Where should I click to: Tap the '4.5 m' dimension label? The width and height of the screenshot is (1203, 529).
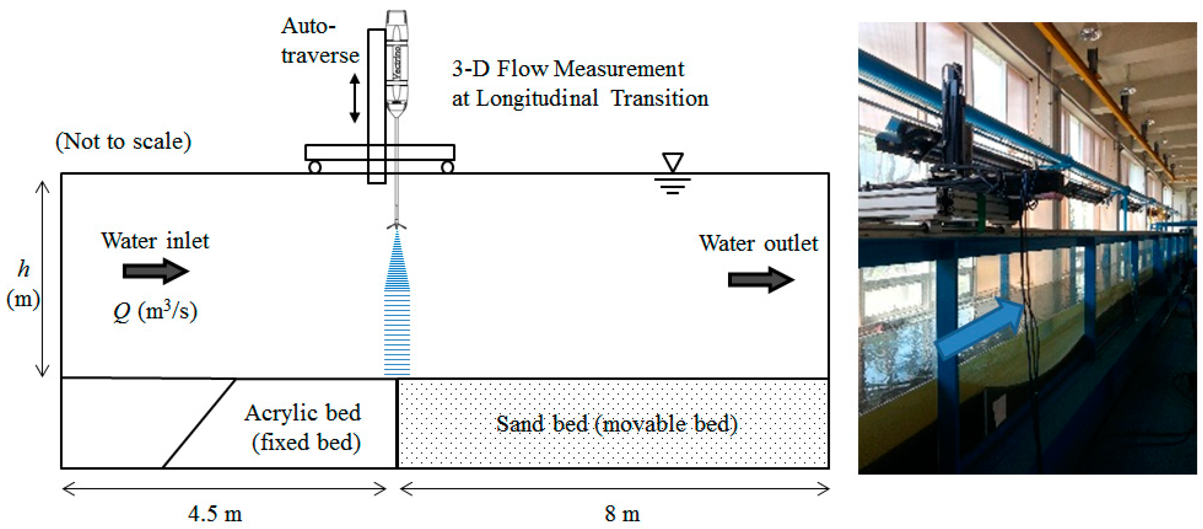(x=215, y=514)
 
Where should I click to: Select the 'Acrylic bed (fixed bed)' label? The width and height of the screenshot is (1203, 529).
(x=304, y=427)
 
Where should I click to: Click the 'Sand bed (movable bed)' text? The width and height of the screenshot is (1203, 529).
(x=616, y=424)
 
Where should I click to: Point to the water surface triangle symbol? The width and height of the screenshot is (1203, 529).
(x=672, y=162)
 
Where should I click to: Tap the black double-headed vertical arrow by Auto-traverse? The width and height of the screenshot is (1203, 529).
(x=355, y=98)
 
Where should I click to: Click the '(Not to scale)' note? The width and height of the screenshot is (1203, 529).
(x=123, y=141)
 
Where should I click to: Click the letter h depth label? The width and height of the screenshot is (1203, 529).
(x=24, y=269)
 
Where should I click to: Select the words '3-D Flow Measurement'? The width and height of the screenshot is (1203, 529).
(x=567, y=69)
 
